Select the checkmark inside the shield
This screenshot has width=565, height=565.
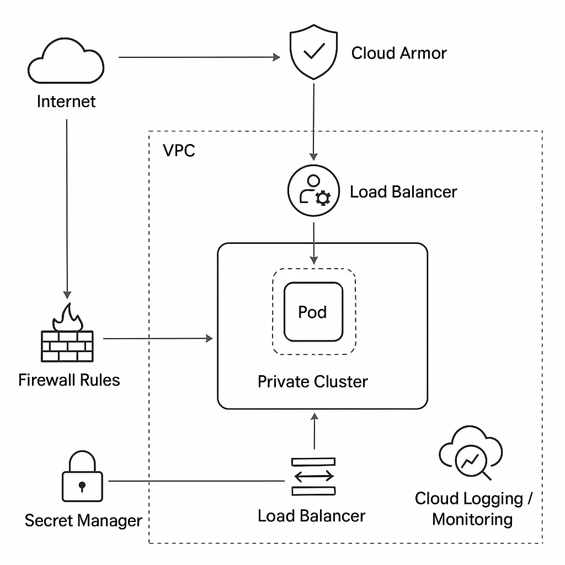coord(314,51)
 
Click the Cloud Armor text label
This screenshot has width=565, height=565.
coord(399,54)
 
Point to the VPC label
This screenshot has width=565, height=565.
coord(179,150)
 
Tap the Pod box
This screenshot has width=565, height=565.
coord(313,312)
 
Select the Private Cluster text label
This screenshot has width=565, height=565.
coord(312,381)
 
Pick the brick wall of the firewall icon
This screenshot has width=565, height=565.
coord(68,346)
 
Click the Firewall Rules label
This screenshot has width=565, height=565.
coord(69,380)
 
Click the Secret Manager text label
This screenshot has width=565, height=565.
coord(83,520)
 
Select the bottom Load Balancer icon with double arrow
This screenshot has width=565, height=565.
coord(313,475)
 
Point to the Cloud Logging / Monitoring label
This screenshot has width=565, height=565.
coord(473,509)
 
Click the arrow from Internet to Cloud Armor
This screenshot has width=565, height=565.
coord(199,57)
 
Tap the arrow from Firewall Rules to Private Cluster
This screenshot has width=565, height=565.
coord(157,338)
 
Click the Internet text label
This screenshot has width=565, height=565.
coord(66,102)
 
